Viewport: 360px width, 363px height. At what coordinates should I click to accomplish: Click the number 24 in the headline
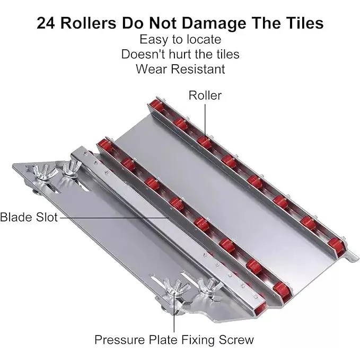(46, 23)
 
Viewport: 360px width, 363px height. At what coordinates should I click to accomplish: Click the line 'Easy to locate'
(180, 39)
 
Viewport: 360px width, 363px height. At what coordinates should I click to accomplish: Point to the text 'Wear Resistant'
(180, 69)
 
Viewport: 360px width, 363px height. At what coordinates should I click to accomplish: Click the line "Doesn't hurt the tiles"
(180, 54)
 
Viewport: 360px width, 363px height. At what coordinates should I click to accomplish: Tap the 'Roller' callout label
(205, 95)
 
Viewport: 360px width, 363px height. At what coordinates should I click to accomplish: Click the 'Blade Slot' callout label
(29, 217)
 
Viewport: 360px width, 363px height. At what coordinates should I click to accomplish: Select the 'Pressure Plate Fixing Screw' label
(174, 340)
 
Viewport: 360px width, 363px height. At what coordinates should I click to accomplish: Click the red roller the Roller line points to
(205, 141)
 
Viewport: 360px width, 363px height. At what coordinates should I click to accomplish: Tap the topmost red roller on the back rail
(156, 105)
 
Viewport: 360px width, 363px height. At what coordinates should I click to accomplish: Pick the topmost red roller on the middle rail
(104, 145)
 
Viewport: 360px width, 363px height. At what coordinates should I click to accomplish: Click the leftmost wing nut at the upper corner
(45, 172)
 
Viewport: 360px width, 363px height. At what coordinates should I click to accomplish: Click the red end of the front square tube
(260, 309)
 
